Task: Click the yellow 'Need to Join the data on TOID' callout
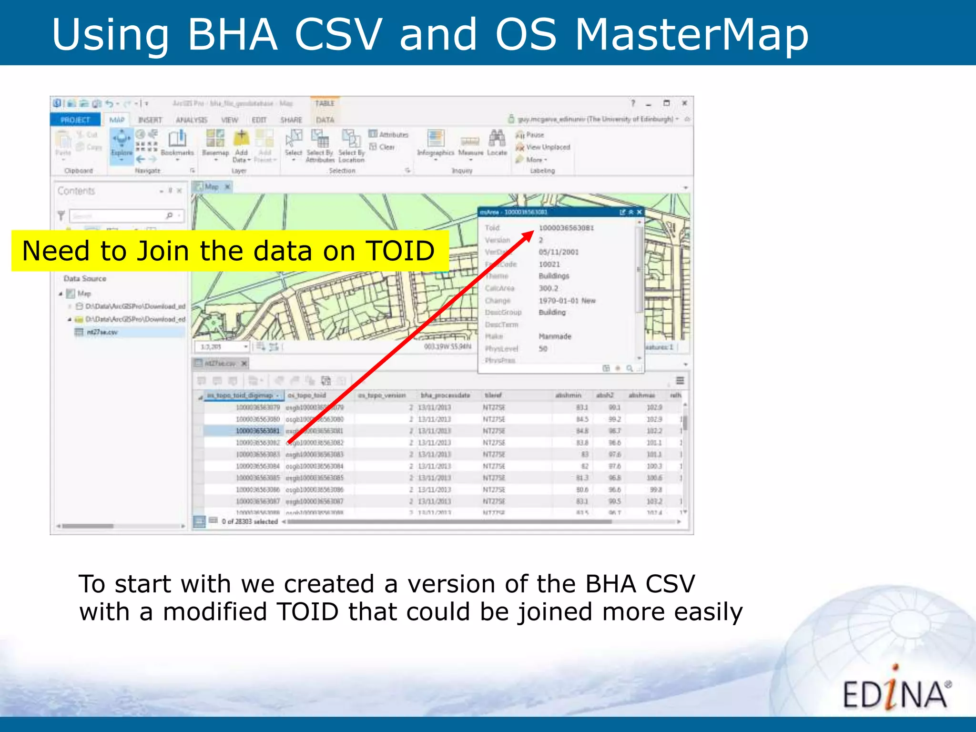point(229,251)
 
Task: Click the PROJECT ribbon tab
point(75,120)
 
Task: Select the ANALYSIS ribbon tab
point(191,120)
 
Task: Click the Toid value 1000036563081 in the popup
point(566,228)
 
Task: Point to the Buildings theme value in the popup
point(554,276)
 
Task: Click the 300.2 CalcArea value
point(548,288)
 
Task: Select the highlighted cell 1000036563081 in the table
point(257,431)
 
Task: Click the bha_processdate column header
point(445,395)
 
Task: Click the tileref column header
point(493,395)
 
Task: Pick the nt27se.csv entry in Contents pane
point(102,332)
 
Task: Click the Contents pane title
point(76,191)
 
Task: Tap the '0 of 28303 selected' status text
point(250,521)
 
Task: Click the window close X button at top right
point(684,103)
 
